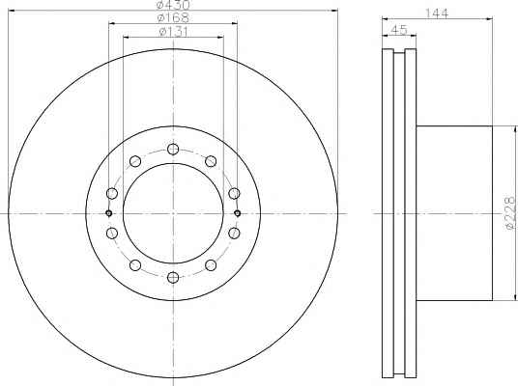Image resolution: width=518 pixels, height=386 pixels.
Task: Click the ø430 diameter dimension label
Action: [173, 5]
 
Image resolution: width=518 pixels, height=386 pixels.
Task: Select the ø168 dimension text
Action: [173, 17]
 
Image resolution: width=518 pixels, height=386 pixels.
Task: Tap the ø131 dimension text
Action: [173, 32]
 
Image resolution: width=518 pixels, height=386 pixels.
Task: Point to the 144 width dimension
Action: [437, 14]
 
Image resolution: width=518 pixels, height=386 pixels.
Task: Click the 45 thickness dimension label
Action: [399, 30]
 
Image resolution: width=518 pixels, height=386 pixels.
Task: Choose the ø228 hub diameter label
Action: [510, 213]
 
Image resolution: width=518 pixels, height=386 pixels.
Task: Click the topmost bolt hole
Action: [173, 150]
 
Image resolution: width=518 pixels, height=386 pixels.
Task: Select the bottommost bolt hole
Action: [173, 278]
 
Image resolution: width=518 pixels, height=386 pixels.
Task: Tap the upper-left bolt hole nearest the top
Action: [135, 161]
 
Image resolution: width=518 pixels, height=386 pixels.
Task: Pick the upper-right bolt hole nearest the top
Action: [211, 161]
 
